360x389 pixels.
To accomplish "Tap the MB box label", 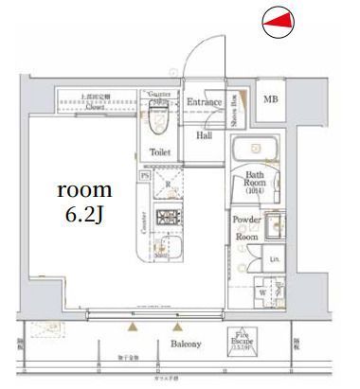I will pos(271,99).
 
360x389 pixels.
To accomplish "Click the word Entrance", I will pos(203,102).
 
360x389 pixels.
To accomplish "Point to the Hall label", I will pos(204,135).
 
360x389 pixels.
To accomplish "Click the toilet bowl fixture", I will pos(158,119).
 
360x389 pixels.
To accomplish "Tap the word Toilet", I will pos(158,150).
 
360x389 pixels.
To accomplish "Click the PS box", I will pos(144,175).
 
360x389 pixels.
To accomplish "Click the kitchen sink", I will pos(167,248).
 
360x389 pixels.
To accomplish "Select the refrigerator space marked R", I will pos(168,186).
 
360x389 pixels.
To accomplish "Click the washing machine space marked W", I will pos(261,292).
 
